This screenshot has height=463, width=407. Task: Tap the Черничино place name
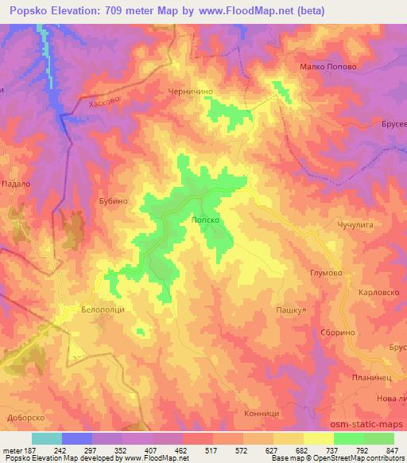(x=189, y=92)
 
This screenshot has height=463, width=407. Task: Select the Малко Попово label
(x=327, y=68)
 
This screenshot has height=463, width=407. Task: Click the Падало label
(x=16, y=182)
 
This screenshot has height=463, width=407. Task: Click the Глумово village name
(x=325, y=273)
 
